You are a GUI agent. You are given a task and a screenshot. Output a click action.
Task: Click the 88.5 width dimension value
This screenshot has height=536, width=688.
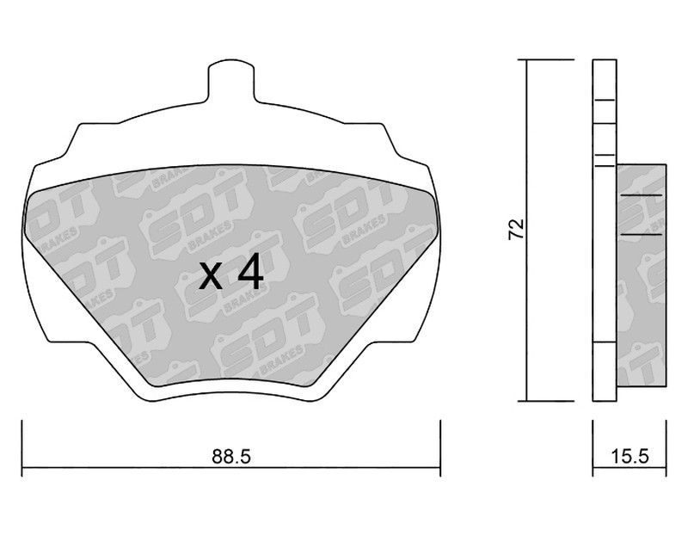coord(230,457)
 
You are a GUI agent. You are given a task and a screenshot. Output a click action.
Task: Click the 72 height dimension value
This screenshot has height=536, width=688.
coord(517,228)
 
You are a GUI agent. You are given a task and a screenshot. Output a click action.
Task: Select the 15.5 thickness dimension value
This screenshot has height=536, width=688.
coord(630,457)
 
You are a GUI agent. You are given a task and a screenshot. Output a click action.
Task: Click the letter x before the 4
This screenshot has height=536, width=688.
coord(210,276)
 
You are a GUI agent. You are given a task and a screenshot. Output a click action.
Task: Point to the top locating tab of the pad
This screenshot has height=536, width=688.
coord(230,81)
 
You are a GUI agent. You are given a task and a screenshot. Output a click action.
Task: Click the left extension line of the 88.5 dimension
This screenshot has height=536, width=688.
coord(22,447)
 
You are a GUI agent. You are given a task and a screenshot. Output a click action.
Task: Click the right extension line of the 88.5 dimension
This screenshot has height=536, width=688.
coord(440,447)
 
